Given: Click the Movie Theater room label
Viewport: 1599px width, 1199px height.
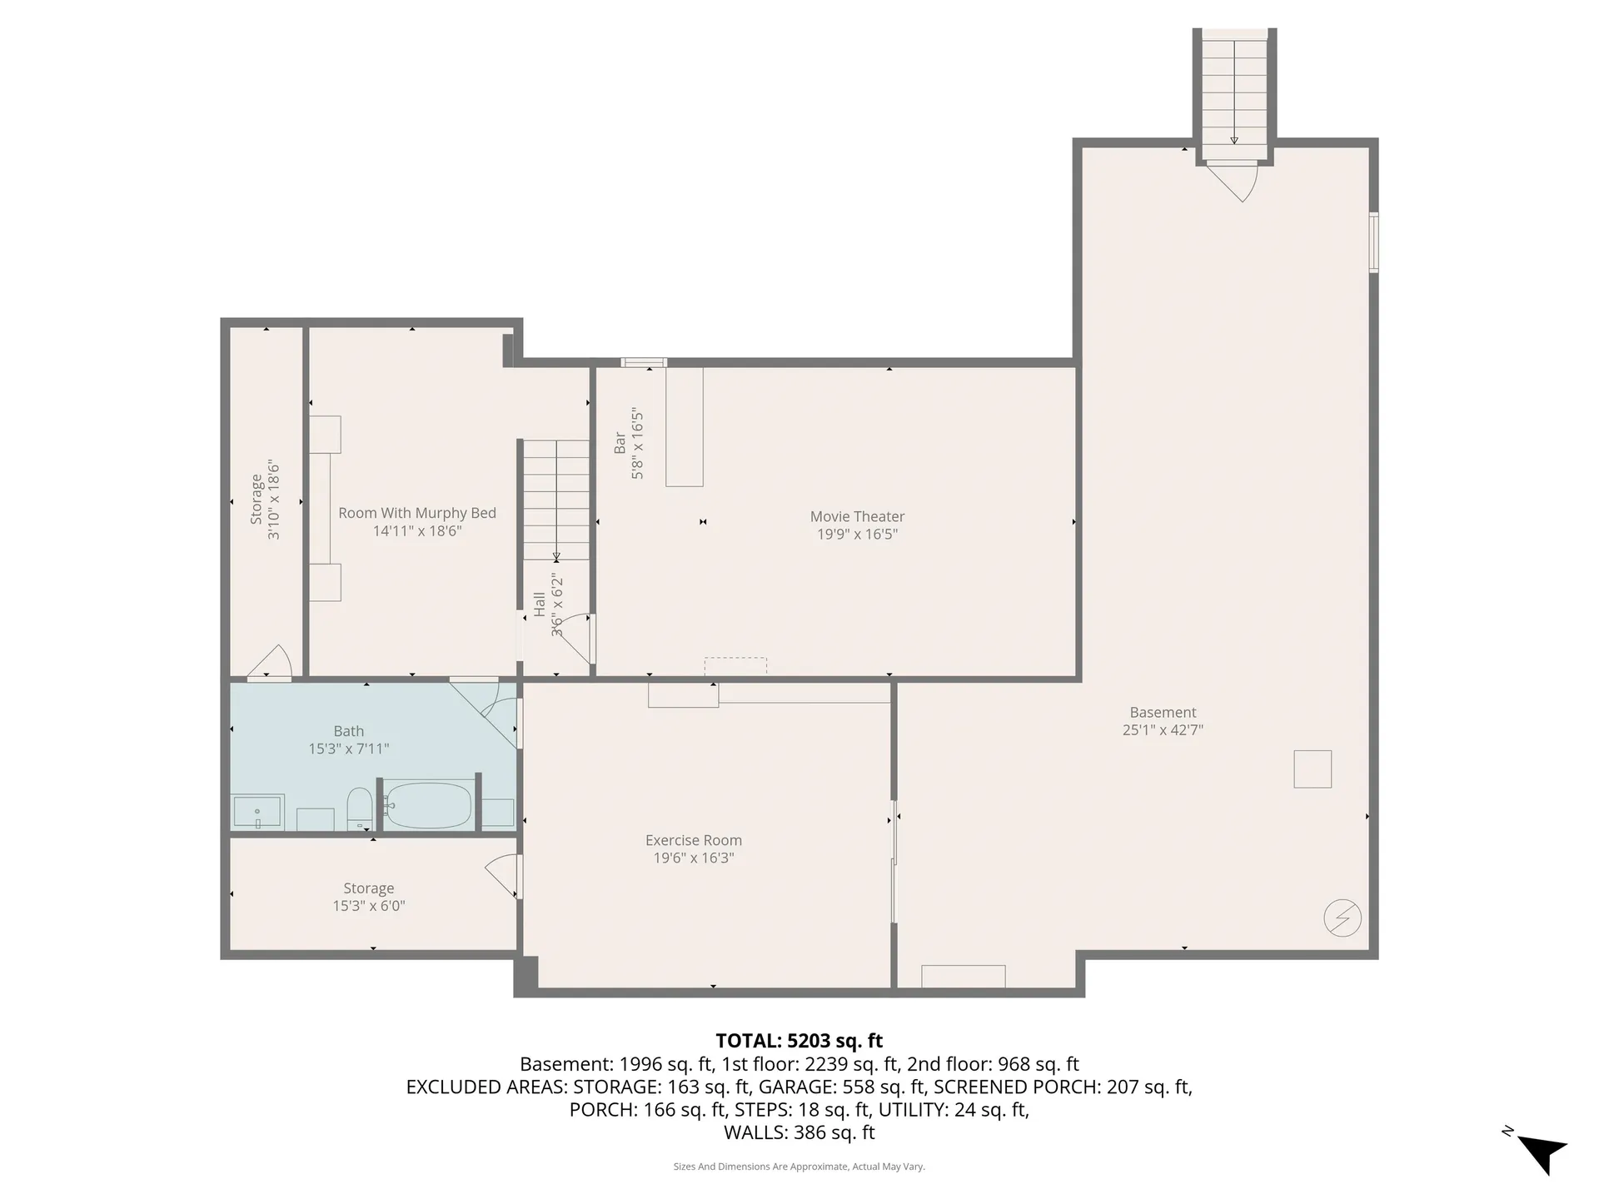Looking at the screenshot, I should pos(857,516).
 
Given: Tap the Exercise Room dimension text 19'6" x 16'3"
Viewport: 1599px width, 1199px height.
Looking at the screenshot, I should pos(693,858).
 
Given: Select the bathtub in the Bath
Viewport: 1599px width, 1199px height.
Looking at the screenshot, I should pos(429,805).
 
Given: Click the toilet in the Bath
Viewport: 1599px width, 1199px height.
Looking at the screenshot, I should pos(359,806).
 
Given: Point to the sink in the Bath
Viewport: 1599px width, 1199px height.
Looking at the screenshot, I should pos(257,811).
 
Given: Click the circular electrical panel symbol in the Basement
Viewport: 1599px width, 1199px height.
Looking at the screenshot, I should pos(1342,918).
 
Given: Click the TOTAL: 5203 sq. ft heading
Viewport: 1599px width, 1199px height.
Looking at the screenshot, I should pos(799,1041).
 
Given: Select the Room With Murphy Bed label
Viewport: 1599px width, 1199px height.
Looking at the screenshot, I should pos(416,513).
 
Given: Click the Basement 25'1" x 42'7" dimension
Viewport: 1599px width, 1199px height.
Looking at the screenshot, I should pos(1163,730).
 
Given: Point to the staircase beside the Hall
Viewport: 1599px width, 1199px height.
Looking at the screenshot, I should pos(555,500).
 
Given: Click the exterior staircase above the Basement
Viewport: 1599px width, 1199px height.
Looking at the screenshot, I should pos(1234,92).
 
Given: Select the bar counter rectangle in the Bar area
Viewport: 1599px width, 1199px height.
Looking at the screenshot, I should pos(684,426).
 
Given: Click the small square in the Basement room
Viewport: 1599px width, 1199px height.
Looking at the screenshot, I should pos(1312,769).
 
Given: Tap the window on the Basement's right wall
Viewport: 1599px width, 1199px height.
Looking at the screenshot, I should pos(1373,242).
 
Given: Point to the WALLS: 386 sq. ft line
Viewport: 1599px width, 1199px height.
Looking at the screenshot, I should pos(799,1132).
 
